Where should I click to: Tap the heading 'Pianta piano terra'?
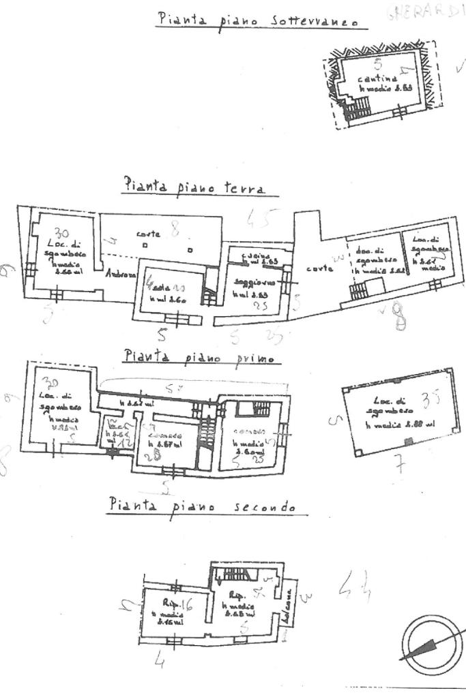pyautogui.click(x=194, y=185)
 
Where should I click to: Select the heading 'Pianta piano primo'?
pyautogui.click(x=199, y=356)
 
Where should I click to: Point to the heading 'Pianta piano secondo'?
pyautogui.click(x=202, y=506)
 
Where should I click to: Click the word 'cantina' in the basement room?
pyautogui.click(x=373, y=79)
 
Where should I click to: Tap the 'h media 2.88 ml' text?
pyautogui.click(x=400, y=426)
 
